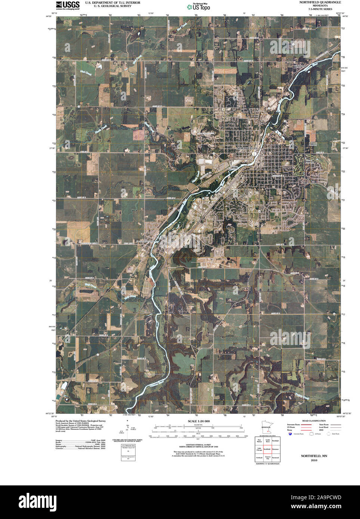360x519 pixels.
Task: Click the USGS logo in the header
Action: pyautogui.click(x=68, y=5)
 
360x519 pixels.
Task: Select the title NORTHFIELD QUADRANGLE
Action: pyautogui.click(x=320, y=2)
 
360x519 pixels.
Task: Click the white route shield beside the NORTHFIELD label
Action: pyautogui.click(x=254, y=153)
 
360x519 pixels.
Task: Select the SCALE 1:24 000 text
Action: pyautogui.click(x=199, y=421)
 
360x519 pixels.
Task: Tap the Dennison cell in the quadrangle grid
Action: pyautogui.click(x=276, y=449)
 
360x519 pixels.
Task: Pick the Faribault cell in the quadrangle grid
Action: pyautogui.click(x=259, y=458)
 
